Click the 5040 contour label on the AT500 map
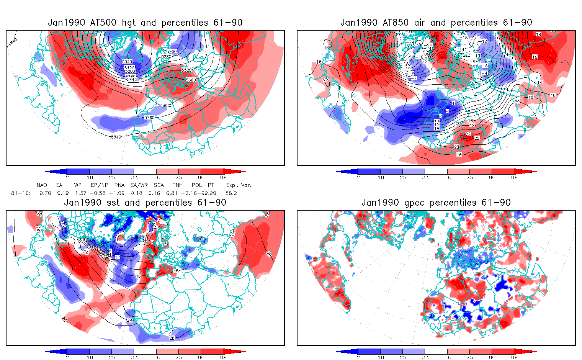click(127, 62)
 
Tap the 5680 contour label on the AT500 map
click(166, 106)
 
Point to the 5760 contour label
click(149, 118)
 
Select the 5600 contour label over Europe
click(191, 80)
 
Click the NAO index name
click(42, 185)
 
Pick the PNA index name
click(119, 185)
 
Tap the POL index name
click(197, 185)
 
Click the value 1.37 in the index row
click(80, 193)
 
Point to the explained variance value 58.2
click(231, 193)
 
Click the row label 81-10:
click(21, 193)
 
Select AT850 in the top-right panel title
click(396, 23)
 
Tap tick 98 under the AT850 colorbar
click(514, 177)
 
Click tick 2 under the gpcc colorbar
click(358, 357)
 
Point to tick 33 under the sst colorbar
click(134, 357)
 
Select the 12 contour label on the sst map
click(118, 257)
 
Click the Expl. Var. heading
click(239, 185)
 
